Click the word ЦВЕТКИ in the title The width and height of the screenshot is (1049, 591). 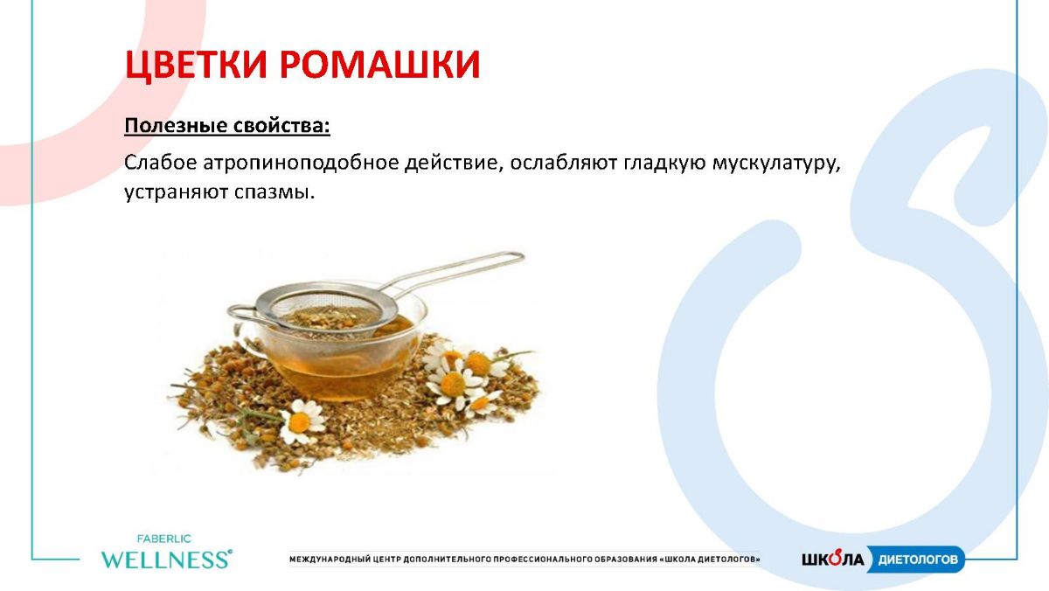[x=196, y=66]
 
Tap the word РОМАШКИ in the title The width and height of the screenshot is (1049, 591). [x=379, y=64]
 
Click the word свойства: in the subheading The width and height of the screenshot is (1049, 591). [x=281, y=125]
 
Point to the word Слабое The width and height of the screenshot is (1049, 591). [x=161, y=163]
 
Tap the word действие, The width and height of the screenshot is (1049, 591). [x=454, y=163]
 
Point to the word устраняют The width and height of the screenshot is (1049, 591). [x=176, y=193]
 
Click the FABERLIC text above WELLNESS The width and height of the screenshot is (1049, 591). [x=164, y=539]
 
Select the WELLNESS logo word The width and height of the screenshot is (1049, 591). [x=167, y=560]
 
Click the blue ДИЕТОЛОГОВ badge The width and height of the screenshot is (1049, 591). [x=916, y=560]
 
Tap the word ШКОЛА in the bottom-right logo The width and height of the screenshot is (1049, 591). [x=832, y=559]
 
